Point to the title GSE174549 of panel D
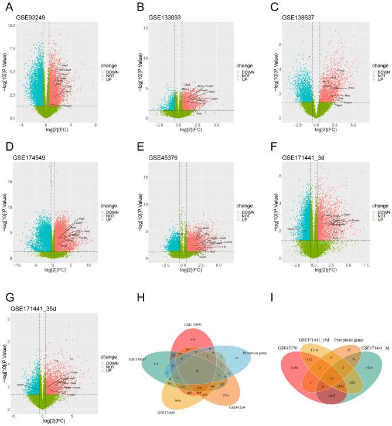(x=33, y=157)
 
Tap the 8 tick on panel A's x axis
(x=95, y=125)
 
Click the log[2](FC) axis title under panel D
(x=52, y=272)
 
